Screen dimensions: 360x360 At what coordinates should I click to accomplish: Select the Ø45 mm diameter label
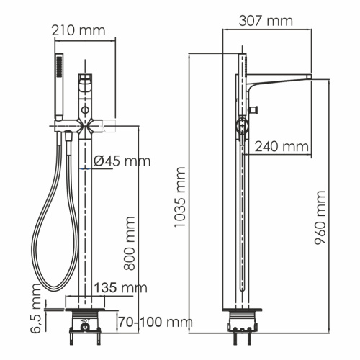[121, 161]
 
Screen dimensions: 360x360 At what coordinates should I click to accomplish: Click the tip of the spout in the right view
[308, 77]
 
